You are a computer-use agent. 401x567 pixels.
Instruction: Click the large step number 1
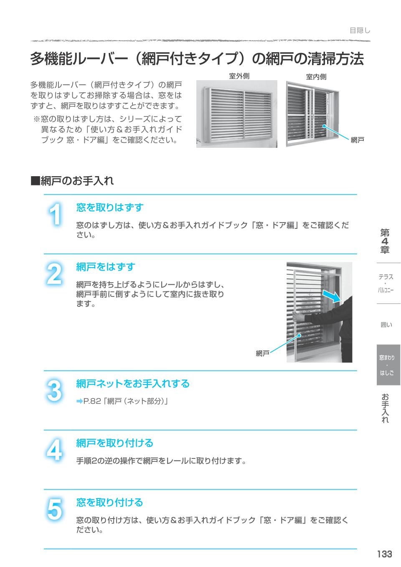point(54,215)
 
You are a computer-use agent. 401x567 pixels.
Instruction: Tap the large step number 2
point(54,275)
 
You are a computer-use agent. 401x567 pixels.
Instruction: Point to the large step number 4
point(54,451)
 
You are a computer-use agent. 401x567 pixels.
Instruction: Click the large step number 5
point(54,510)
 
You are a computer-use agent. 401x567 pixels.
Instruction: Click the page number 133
point(384,554)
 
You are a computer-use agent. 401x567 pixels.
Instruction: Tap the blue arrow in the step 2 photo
point(336,296)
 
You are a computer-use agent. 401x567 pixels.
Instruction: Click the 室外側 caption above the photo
point(239,76)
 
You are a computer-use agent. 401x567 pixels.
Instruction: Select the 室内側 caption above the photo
point(316,76)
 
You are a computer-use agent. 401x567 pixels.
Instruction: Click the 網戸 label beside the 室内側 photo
point(357,140)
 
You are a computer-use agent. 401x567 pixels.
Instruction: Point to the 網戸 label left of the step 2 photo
point(262,354)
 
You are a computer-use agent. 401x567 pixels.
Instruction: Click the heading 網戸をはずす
point(106,267)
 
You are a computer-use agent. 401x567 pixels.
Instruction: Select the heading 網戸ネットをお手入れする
point(133,384)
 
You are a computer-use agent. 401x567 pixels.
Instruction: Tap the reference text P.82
point(92,402)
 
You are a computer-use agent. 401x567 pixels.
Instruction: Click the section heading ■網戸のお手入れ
point(72,181)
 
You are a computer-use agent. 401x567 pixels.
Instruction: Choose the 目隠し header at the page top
point(360,30)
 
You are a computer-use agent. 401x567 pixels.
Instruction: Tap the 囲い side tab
point(386,324)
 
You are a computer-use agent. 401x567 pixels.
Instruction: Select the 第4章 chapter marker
point(385,241)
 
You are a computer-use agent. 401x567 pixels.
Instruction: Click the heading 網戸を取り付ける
point(115,443)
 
